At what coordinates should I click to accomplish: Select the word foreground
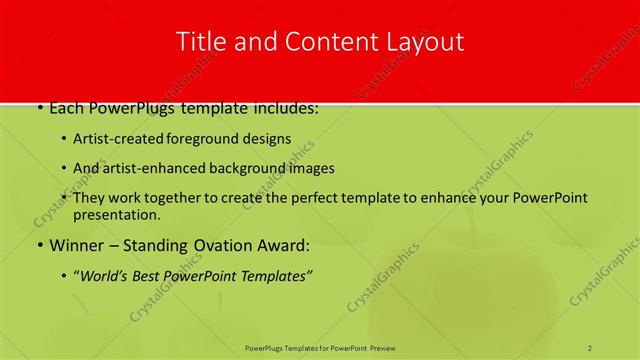(x=204, y=139)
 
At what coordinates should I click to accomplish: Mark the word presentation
(x=116, y=215)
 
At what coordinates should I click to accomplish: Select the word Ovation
(x=220, y=246)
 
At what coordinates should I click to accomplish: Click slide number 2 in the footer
(x=591, y=347)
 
